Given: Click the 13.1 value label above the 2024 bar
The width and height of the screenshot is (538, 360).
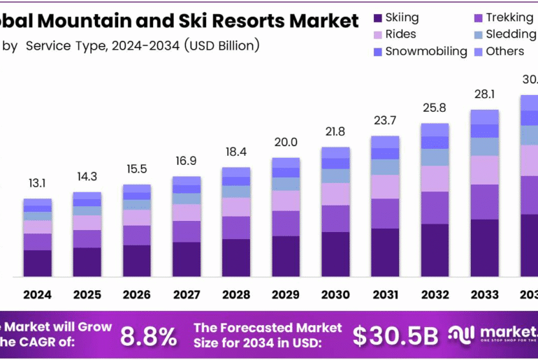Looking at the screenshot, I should [x=37, y=183].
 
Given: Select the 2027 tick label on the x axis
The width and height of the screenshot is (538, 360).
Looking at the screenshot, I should [x=186, y=294].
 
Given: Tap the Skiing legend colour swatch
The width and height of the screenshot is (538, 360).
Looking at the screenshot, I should [x=378, y=17].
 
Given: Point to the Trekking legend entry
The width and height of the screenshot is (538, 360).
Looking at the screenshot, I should [x=509, y=17].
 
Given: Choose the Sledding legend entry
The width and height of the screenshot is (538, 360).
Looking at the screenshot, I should [x=509, y=34].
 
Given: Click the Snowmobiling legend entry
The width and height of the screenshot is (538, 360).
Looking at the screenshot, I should [x=426, y=51].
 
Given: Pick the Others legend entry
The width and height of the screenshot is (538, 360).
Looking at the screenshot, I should [x=504, y=51].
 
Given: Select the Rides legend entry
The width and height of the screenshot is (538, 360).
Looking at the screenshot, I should [x=400, y=34].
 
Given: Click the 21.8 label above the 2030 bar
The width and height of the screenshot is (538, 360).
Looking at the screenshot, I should [x=335, y=132].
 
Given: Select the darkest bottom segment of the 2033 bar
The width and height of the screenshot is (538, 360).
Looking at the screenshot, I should [x=484, y=247].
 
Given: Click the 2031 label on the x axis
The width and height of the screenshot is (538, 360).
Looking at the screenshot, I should [x=385, y=294].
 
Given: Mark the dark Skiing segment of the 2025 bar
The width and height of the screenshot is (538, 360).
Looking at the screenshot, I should [x=87, y=261].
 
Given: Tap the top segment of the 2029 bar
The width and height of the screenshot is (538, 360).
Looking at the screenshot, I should [x=286, y=162].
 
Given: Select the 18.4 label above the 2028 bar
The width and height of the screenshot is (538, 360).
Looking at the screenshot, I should [x=235, y=152].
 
